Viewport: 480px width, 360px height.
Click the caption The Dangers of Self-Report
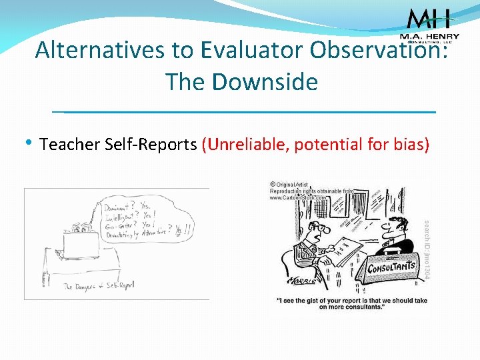pyautogui.click(x=98, y=285)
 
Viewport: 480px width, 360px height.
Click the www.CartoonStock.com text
pyautogui.click(x=298, y=197)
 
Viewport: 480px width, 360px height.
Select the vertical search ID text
pyautogui.click(x=428, y=250)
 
